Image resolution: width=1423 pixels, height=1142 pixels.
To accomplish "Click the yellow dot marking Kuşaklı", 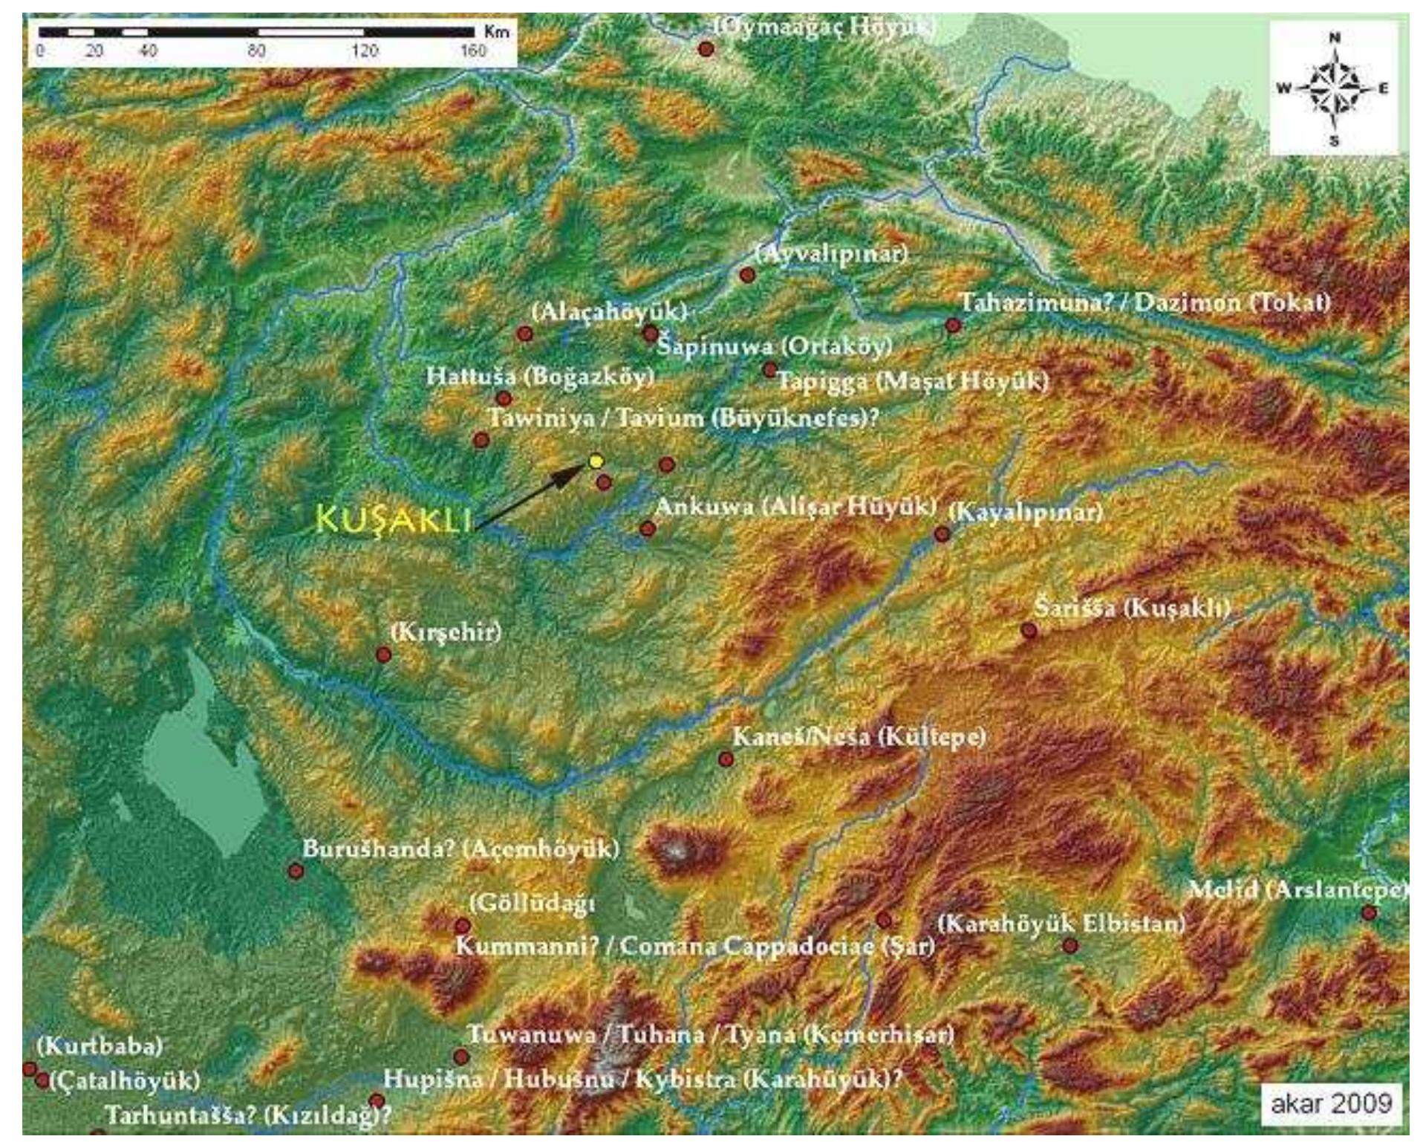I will click(x=595, y=461).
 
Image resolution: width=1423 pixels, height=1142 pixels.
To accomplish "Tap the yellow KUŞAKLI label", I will click(x=394, y=520).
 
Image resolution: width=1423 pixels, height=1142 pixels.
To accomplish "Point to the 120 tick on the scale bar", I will click(x=364, y=51).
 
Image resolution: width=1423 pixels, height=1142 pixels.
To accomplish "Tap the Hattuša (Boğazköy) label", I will click(x=540, y=376).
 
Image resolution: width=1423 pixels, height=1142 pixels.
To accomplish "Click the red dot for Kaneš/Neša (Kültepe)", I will click(x=726, y=759).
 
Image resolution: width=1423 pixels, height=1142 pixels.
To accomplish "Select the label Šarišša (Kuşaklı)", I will click(x=1131, y=609).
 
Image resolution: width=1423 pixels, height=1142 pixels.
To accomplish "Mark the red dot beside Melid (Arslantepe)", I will click(x=1369, y=912).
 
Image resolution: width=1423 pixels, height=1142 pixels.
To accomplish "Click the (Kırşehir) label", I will click(x=446, y=632).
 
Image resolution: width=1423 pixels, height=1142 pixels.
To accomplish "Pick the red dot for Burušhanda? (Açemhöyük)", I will click(x=296, y=871).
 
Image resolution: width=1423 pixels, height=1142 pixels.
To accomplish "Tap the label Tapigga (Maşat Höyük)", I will click(x=912, y=382).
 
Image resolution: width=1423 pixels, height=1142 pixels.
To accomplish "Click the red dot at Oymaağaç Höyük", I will click(x=706, y=49).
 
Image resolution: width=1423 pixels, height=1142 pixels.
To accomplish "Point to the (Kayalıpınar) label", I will click(x=1026, y=511).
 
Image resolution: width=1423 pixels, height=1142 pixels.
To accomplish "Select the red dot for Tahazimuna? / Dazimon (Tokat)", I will click(x=953, y=325).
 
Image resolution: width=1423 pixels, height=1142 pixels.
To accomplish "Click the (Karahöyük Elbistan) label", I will click(x=1061, y=924).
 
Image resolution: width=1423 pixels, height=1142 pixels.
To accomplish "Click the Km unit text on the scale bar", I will click(x=495, y=31).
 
